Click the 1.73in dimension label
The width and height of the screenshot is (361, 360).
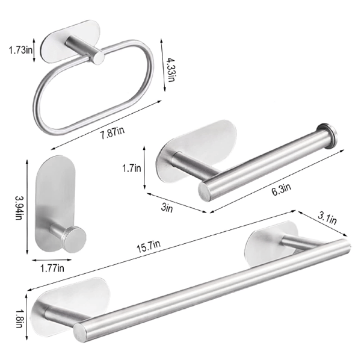tap(20, 50)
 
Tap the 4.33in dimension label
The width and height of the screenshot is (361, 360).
tap(171, 70)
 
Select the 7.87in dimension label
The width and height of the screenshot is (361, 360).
tap(113, 132)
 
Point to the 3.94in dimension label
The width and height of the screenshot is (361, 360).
tap(19, 207)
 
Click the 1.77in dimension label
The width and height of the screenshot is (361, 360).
tap(52, 268)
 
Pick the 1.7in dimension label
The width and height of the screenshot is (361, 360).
tap(131, 168)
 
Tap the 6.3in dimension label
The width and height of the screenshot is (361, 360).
tap(282, 189)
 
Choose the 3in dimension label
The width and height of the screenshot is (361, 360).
tap(167, 208)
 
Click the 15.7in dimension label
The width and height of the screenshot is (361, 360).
tap(149, 246)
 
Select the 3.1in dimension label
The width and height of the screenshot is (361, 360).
tap(327, 218)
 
